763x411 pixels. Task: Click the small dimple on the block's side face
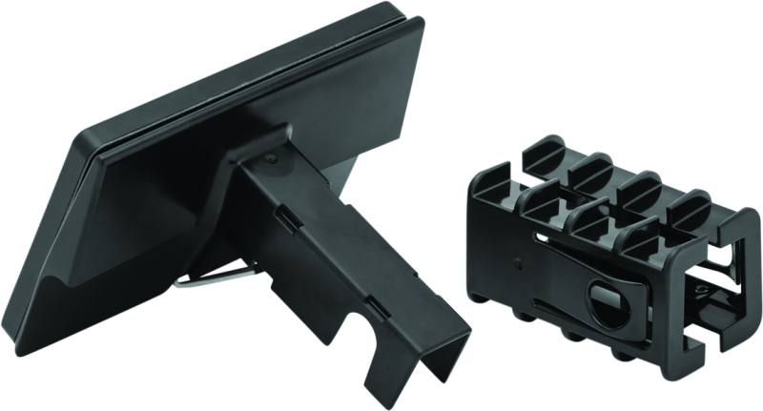click(x=515, y=258)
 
